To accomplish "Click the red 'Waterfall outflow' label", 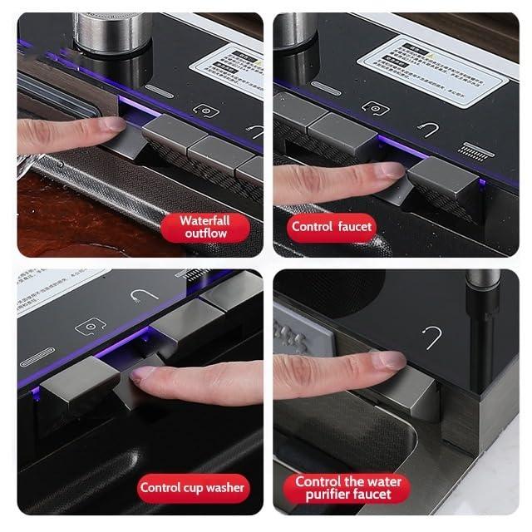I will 204,227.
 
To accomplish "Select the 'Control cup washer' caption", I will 193,487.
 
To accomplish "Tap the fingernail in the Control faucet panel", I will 388,170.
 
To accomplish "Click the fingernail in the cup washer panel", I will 143,373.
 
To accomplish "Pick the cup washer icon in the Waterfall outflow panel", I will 205,111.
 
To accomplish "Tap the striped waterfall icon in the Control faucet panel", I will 477,151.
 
